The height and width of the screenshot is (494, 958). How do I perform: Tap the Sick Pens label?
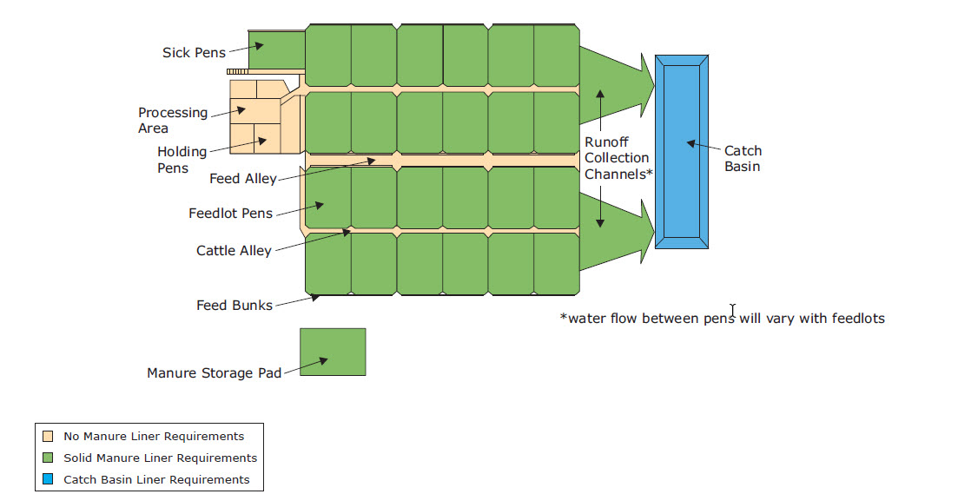click(194, 53)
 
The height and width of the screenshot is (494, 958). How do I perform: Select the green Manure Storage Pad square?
click(333, 352)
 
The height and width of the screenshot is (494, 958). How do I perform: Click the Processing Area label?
click(173, 121)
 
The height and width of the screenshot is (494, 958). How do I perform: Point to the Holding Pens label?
click(182, 160)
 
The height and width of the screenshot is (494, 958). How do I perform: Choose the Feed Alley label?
click(242, 179)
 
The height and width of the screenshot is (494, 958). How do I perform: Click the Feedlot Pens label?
click(230, 214)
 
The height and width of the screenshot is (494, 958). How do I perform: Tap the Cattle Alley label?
click(234, 251)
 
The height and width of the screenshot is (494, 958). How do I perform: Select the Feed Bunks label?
click(234, 306)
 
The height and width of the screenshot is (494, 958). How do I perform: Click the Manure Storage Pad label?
click(215, 373)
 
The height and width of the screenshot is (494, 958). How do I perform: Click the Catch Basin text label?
click(743, 159)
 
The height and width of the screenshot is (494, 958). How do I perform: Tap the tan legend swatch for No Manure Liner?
click(48, 437)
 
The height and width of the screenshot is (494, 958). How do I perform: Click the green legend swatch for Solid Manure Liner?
click(48, 458)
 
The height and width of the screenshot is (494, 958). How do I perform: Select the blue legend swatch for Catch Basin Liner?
click(48, 479)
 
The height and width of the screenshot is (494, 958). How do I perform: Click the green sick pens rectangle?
click(277, 47)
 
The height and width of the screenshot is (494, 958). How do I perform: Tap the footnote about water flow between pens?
click(723, 319)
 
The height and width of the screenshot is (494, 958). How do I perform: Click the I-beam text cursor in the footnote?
click(733, 311)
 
